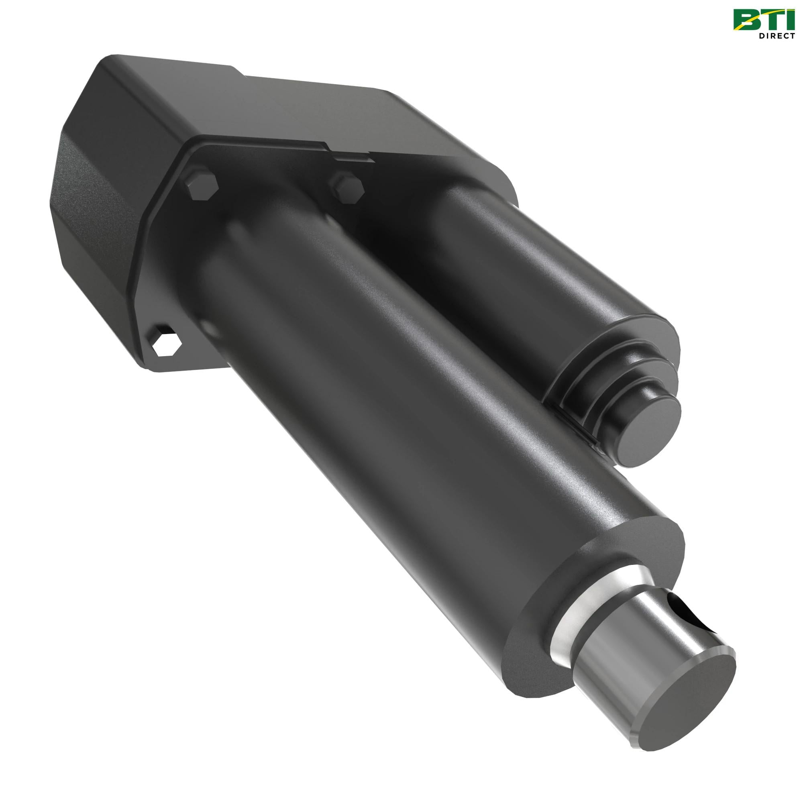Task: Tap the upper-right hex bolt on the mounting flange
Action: pyautogui.click(x=346, y=188)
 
